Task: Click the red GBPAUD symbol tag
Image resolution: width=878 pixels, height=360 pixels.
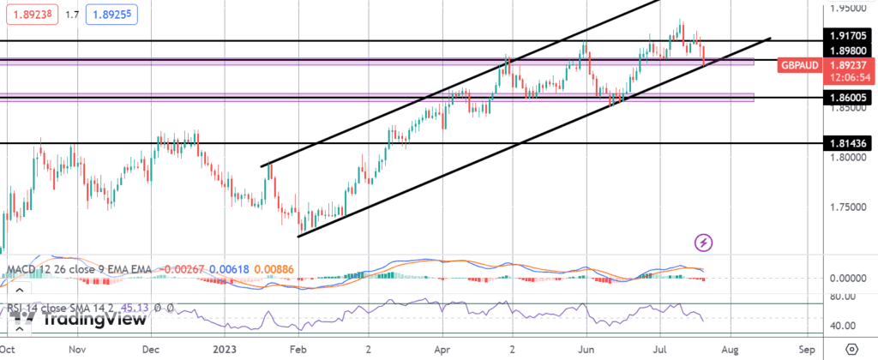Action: point(800,65)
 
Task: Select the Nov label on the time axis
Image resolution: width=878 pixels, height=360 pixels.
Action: point(77,351)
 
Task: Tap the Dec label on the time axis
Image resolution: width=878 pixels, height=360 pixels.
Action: point(151,351)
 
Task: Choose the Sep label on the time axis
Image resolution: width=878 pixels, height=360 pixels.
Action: point(806,351)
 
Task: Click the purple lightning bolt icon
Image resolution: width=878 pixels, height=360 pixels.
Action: point(704,243)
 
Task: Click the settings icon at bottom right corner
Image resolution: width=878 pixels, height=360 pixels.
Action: point(851,350)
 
